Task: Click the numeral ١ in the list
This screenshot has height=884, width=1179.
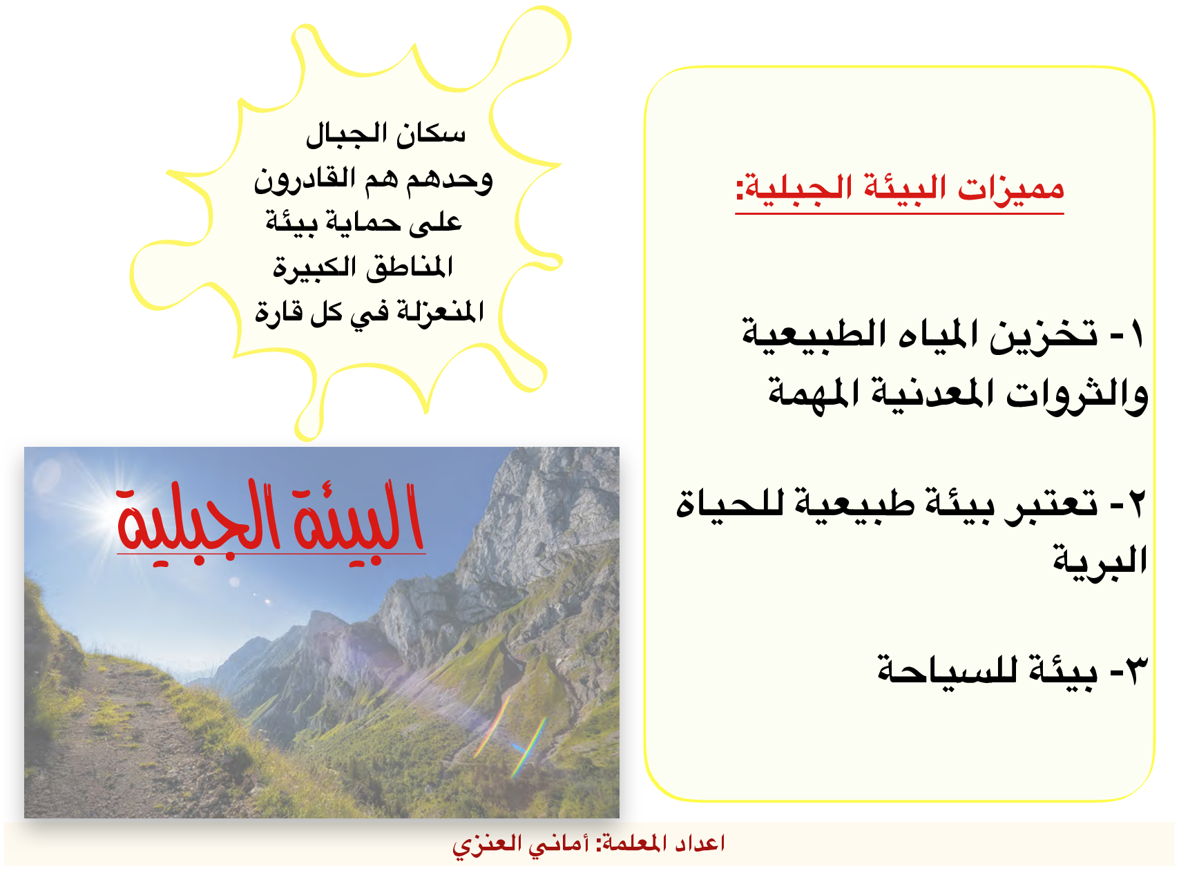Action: (1136, 335)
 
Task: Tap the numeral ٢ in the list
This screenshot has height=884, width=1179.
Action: (1135, 503)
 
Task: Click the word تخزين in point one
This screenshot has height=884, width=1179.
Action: (1044, 335)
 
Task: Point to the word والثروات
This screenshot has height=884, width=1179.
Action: (1077, 395)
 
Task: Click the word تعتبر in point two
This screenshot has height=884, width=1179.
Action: (1051, 504)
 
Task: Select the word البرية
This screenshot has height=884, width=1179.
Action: (1100, 560)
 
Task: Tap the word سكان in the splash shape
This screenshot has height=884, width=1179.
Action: (431, 133)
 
